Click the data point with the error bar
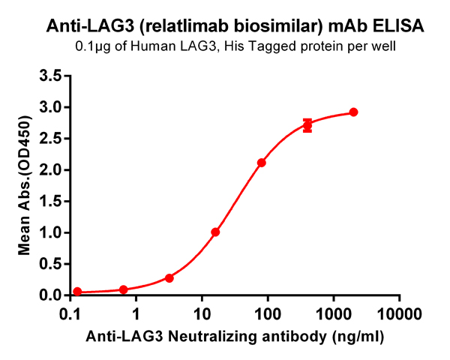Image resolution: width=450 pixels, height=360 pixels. click(x=307, y=125)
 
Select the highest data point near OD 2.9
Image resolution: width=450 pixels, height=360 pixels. click(x=353, y=112)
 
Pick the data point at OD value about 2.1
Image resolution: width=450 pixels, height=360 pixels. click(x=262, y=163)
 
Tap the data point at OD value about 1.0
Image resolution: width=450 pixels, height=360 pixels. click(x=215, y=232)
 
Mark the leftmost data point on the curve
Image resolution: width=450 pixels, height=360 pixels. click(x=77, y=292)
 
